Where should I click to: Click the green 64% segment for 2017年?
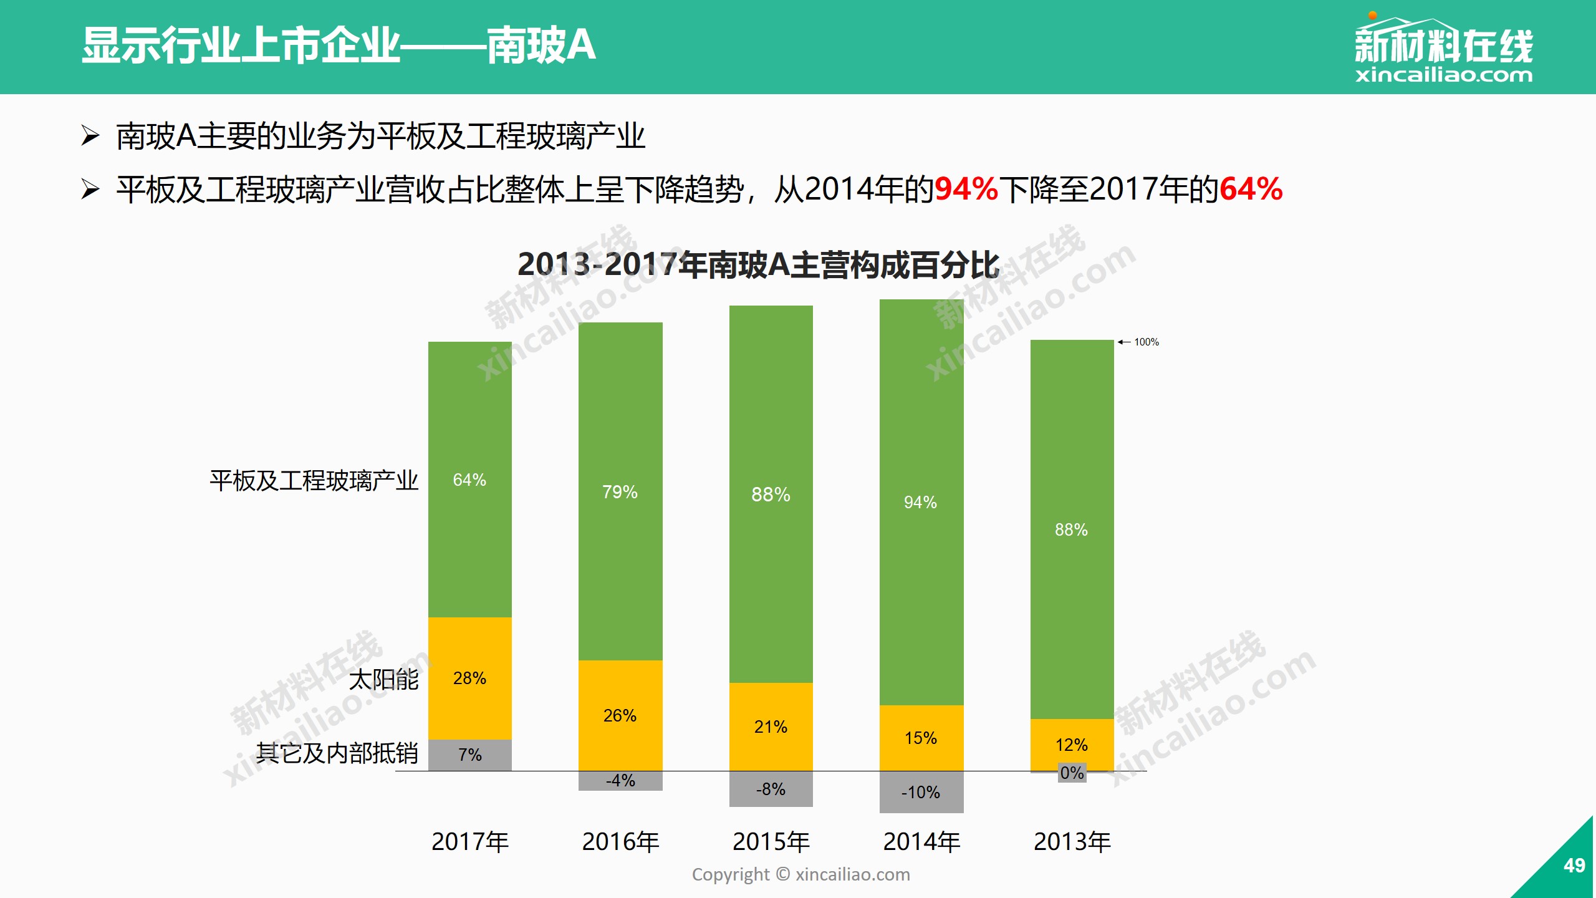pos(469,479)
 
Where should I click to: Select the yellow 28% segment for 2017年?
pos(469,678)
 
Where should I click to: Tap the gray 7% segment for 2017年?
pos(469,755)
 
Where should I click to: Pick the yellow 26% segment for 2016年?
pos(620,715)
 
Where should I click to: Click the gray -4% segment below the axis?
pos(620,781)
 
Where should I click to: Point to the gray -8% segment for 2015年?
pos(771,789)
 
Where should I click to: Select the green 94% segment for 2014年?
pos(921,502)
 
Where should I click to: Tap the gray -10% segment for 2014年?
pos(921,792)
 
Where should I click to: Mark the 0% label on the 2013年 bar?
pos(1072,773)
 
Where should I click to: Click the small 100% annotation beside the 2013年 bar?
pos(1146,342)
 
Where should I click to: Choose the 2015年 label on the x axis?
pos(771,842)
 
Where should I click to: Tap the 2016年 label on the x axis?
pos(620,842)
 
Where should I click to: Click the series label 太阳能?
pos(383,679)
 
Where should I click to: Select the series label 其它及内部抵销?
pos(337,753)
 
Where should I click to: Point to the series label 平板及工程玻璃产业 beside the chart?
pos(314,481)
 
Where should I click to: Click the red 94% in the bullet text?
pos(966,189)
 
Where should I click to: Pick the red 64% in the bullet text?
pos(1250,189)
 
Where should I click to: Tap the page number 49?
pos(1574,866)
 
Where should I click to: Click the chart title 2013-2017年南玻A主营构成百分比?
pos(758,264)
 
